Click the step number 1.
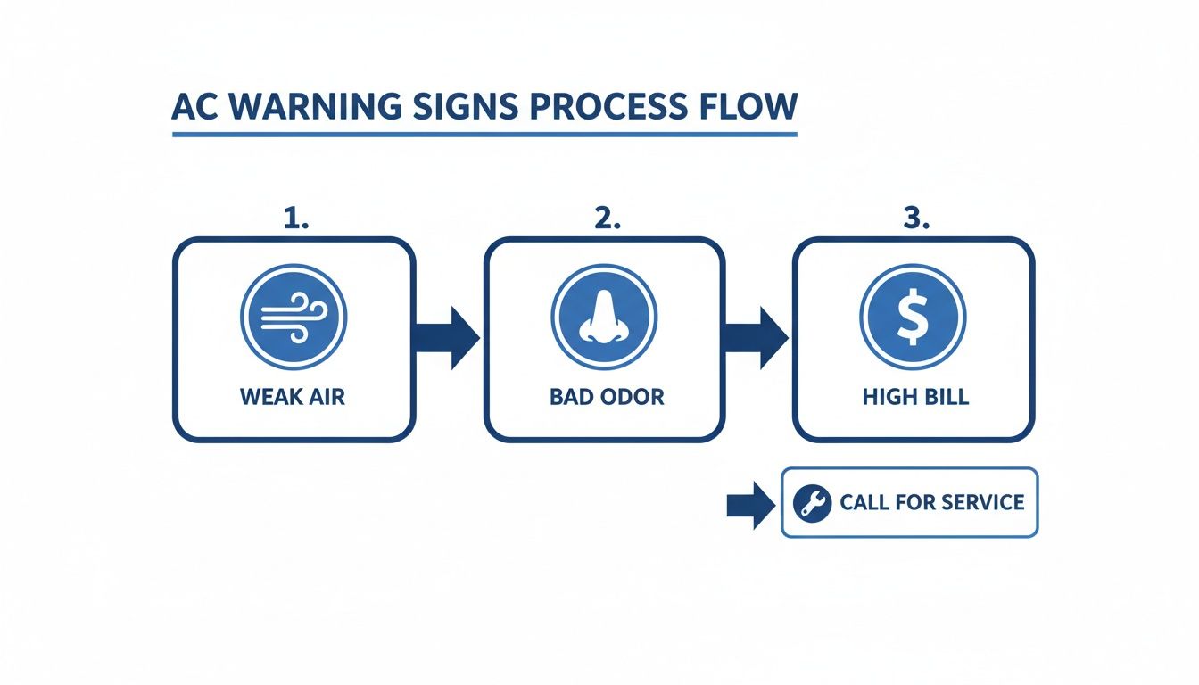294,219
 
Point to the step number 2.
607,219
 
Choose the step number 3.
915,219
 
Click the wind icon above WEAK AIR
293,318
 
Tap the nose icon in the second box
603,318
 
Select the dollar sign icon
912,318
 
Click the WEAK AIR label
293,397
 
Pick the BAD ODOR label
607,397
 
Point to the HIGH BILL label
915,397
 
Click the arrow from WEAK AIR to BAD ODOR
447,338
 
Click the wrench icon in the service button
812,503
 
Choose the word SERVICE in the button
980,502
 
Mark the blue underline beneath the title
484,135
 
